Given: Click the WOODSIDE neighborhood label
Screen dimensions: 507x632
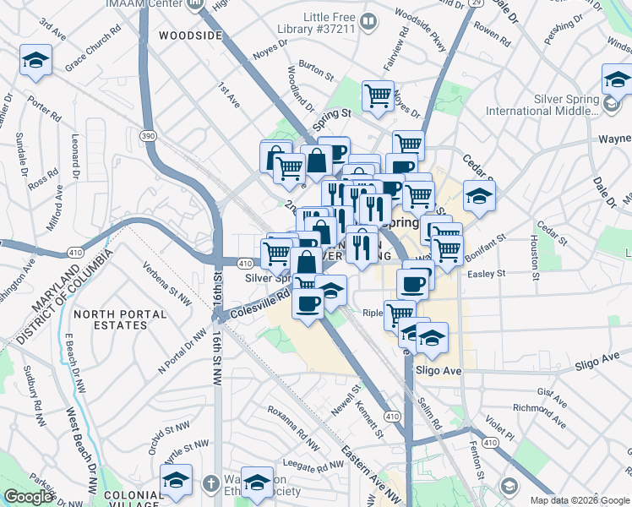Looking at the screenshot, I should tap(190, 36).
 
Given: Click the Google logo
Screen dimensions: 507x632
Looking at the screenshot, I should tap(28, 497).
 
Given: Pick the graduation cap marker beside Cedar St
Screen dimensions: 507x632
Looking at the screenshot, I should tap(479, 197).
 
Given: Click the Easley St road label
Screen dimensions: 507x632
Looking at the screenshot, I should tap(488, 274).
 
